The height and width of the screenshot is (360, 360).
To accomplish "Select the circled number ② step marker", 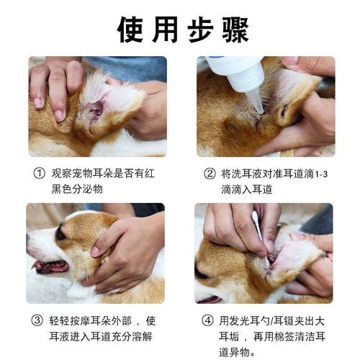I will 210,174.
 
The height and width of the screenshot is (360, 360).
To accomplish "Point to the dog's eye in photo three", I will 61,235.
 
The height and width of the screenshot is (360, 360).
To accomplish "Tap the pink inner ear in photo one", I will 97,108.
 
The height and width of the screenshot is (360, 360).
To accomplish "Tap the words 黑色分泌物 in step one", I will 78,189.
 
